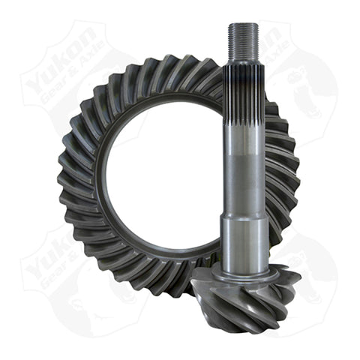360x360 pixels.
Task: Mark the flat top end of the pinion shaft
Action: click(x=244, y=25)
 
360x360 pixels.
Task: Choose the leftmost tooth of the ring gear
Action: click(x=63, y=180)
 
